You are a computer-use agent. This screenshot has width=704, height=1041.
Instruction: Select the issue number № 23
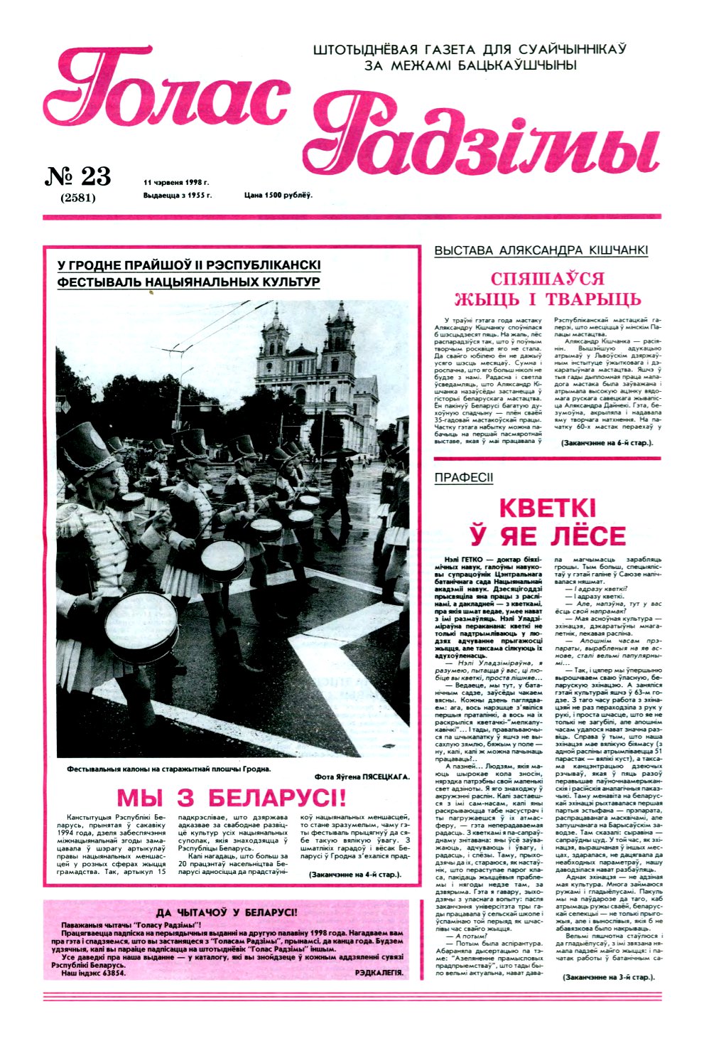point(78,176)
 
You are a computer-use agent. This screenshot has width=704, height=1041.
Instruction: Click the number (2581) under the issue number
point(78,198)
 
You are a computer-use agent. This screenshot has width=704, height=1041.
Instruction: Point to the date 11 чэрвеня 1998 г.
point(171,182)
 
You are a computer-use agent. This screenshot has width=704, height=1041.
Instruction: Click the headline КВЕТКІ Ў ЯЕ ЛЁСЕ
point(547,523)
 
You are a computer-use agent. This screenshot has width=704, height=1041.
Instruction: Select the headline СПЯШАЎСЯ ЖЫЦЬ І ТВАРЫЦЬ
point(547,289)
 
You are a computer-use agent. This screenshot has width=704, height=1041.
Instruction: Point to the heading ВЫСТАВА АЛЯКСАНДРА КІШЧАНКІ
point(541,251)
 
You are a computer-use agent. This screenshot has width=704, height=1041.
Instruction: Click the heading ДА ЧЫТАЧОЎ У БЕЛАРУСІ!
point(227,912)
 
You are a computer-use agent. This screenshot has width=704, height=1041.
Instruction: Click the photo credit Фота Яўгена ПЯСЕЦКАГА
point(361,776)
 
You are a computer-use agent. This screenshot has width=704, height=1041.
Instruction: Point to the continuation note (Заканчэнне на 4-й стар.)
point(355,873)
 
